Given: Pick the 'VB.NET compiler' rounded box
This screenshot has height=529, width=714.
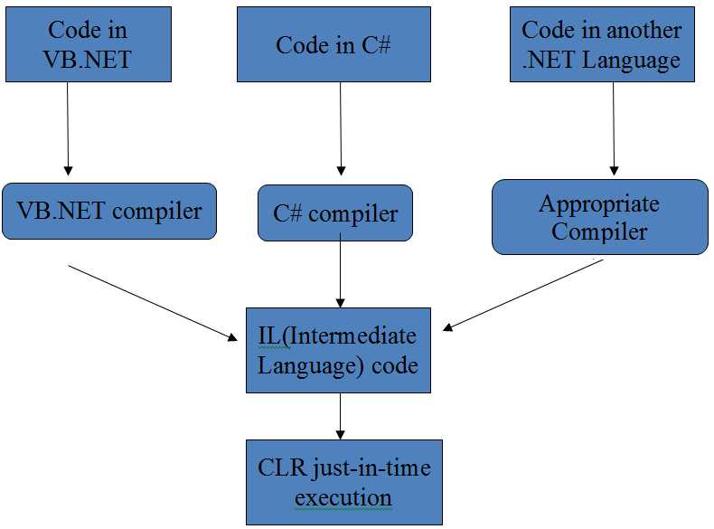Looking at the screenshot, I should pyautogui.click(x=109, y=212).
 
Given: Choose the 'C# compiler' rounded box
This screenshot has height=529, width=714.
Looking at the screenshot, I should pyautogui.click(x=335, y=213).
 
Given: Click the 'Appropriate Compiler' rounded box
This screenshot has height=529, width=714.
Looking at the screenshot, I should pyautogui.click(x=599, y=217).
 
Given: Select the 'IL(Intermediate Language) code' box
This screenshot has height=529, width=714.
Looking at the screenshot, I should pyautogui.click(x=338, y=350).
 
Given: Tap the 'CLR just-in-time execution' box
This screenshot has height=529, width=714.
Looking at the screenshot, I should pyautogui.click(x=343, y=482).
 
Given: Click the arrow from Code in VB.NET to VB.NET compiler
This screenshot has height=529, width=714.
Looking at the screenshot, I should pyautogui.click(x=69, y=128).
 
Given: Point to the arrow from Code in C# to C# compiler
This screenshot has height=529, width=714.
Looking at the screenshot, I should pyautogui.click(x=341, y=128).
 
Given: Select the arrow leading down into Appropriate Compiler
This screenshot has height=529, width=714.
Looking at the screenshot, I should pyautogui.click(x=615, y=128).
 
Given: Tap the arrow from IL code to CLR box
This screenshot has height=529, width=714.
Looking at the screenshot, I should pyautogui.click(x=340, y=416).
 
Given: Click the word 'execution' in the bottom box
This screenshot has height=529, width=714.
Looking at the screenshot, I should pyautogui.click(x=343, y=497).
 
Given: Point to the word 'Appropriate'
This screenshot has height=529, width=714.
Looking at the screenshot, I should pyautogui.click(x=599, y=203).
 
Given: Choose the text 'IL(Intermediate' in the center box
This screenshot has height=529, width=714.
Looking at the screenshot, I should pyautogui.click(x=337, y=335).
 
